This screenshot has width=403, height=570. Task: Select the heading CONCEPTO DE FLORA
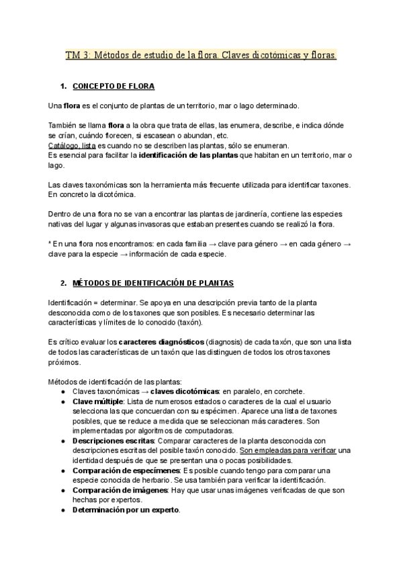click(114, 87)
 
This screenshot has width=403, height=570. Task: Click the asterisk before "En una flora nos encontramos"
click(51, 245)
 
